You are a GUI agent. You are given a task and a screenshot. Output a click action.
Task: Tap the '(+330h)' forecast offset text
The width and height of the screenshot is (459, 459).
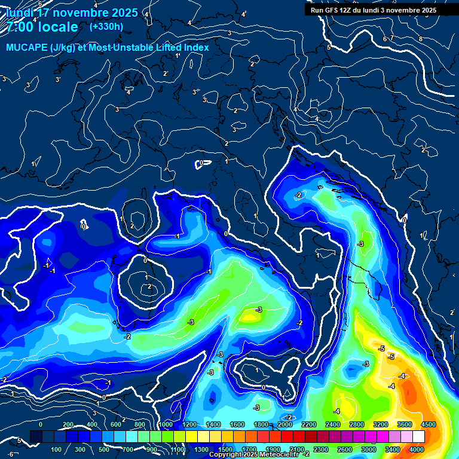[x=106, y=27]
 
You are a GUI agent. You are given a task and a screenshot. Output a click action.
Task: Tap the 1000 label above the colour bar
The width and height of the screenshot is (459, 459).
[x=166, y=424]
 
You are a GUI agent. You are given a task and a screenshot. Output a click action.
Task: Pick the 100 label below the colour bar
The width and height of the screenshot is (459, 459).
[x=57, y=449]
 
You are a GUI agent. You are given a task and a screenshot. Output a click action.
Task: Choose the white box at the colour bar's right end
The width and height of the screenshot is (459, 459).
[x=418, y=437]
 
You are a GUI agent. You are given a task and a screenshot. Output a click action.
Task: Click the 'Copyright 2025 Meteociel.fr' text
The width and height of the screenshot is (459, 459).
[x=254, y=455]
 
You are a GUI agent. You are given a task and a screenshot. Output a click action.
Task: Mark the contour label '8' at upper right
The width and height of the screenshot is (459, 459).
[x=421, y=39]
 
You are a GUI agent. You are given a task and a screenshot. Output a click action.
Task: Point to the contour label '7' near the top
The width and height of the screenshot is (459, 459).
[x=391, y=38]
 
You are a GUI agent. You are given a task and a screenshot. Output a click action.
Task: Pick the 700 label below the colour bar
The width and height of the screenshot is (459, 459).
[x=128, y=449]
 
